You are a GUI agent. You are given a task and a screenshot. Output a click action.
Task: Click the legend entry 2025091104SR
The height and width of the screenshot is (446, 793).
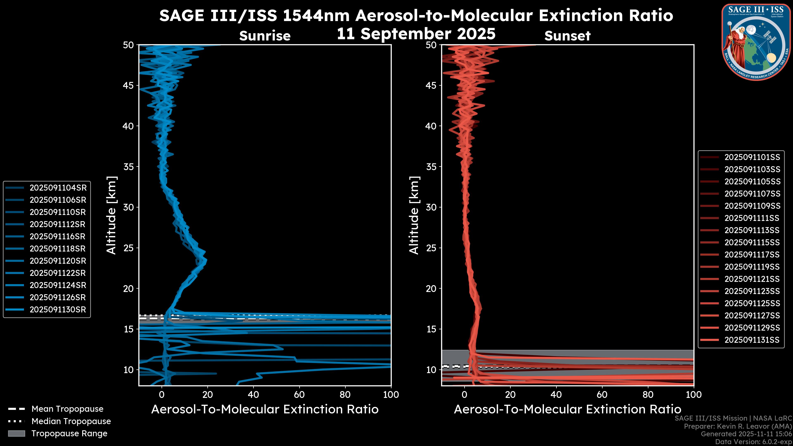(x=58, y=188)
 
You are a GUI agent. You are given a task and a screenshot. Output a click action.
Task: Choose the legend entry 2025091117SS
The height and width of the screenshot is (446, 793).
(x=752, y=255)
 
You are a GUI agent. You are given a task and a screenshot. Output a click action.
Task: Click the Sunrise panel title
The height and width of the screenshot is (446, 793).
(x=265, y=36)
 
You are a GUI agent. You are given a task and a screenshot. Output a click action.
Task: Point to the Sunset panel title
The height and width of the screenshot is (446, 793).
(x=567, y=36)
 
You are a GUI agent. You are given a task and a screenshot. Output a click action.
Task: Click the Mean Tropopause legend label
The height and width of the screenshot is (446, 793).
(x=67, y=409)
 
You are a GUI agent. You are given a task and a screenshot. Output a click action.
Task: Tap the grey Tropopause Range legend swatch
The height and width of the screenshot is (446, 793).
(x=17, y=433)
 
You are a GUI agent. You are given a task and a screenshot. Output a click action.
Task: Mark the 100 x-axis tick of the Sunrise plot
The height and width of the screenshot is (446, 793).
(x=391, y=395)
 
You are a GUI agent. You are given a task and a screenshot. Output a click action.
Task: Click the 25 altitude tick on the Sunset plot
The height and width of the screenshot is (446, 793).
(x=431, y=248)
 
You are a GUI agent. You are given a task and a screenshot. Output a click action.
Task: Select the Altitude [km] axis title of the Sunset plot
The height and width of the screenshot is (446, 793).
(x=414, y=215)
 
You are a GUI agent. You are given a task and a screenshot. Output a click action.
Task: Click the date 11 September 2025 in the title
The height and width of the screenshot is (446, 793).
(x=416, y=34)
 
